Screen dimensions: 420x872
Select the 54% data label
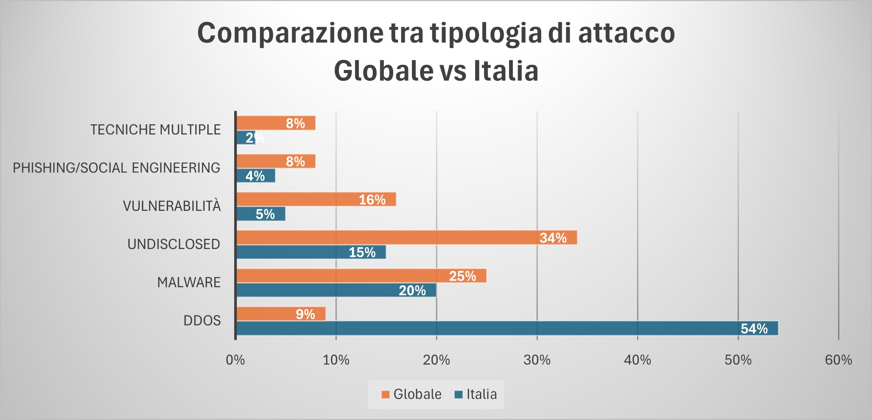754,329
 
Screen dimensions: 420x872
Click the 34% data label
553,238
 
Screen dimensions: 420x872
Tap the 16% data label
372,200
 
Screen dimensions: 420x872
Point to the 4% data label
255,176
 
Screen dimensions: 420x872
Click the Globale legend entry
411,394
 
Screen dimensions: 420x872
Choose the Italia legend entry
476,394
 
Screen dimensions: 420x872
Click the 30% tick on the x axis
537,360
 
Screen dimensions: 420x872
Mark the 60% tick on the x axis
838,360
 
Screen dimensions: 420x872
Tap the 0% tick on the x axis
235,360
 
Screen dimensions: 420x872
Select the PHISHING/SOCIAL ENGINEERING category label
117,168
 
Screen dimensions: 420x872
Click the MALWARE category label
189,283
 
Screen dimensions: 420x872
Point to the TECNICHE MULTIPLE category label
155,130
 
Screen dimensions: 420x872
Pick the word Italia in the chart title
506,71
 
